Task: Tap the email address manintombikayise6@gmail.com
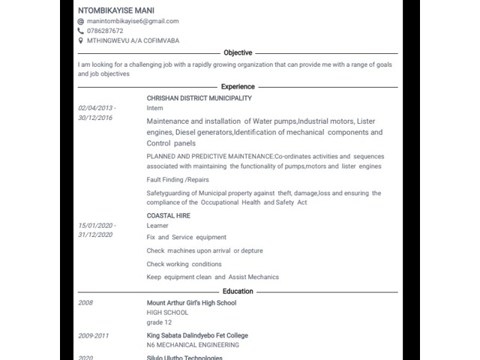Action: click(133, 22)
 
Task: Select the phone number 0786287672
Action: click(105, 31)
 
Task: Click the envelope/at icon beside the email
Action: click(81, 22)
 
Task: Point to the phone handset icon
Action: click(81, 31)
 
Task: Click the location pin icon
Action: click(81, 40)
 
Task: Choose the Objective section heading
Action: click(238, 53)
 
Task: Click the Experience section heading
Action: click(238, 87)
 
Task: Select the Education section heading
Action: click(238, 291)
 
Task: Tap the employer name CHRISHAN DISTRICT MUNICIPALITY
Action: click(199, 98)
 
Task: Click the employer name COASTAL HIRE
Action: click(168, 216)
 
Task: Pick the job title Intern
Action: click(154, 108)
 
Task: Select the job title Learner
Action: click(157, 226)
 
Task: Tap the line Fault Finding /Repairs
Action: click(178, 180)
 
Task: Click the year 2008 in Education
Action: click(85, 303)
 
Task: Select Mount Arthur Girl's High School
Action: click(191, 303)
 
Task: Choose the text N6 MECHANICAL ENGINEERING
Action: click(193, 345)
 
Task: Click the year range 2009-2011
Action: click(94, 335)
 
